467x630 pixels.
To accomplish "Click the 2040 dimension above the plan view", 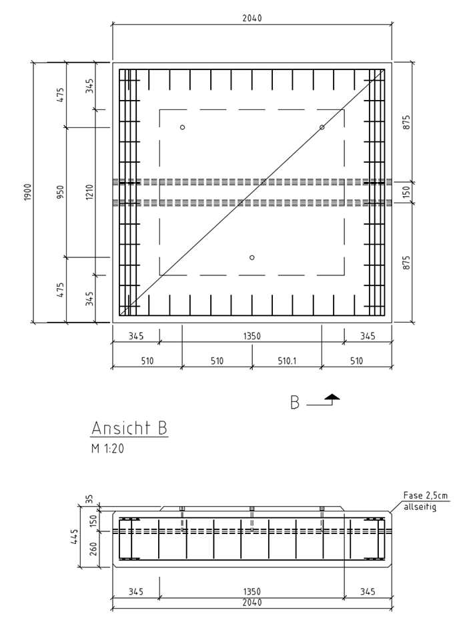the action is click(252, 18).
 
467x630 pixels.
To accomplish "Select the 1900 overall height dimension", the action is click(27, 192).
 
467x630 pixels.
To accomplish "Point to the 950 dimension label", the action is click(60, 192).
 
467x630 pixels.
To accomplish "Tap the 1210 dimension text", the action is click(89, 192).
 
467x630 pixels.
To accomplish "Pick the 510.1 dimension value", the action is click(287, 361).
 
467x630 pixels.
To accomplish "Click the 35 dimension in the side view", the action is click(89, 499).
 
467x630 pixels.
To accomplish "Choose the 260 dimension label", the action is click(93, 549).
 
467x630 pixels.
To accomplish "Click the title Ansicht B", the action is click(129, 428).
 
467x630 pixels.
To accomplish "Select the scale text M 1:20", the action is click(107, 449).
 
